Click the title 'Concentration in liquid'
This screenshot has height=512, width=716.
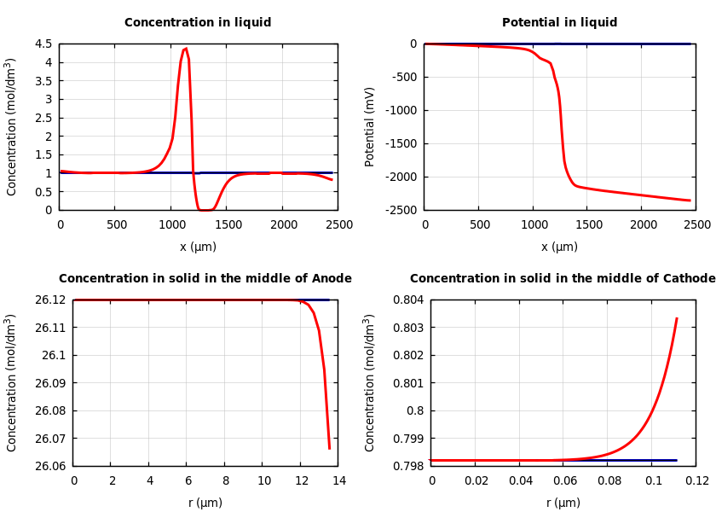198,23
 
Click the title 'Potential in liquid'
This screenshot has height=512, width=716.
559,23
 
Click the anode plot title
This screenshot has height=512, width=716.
205,279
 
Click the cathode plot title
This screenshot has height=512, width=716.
563,279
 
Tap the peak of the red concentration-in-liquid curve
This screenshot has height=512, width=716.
185,49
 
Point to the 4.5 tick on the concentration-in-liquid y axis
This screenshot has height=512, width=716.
43,44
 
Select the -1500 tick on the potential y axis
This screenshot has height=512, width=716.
401,143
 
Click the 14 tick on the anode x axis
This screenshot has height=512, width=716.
338,481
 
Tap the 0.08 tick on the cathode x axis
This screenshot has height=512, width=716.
609,481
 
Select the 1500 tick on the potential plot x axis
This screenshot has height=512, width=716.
588,224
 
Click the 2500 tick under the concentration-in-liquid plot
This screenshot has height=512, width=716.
338,224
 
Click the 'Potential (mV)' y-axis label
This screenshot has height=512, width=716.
370,126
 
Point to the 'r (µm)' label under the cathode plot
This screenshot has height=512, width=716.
563,503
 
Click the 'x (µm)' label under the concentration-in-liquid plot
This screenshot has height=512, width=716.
198,247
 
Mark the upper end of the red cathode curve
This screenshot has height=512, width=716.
677,318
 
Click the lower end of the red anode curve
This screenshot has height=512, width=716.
330,448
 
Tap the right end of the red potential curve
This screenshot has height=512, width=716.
690,201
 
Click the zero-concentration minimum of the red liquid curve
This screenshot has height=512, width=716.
205,209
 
